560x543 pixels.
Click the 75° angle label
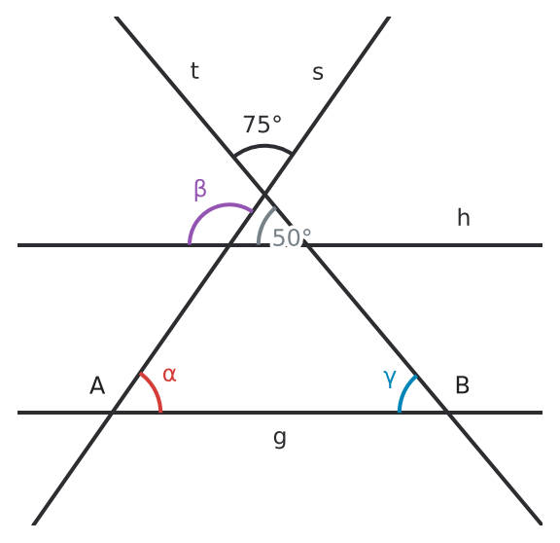262,125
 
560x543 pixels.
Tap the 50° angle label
292,237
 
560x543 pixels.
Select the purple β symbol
200,190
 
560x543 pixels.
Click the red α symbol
169,375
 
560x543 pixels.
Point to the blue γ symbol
390,380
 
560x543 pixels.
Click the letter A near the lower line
97,385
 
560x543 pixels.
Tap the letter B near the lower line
463,385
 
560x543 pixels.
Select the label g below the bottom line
280,438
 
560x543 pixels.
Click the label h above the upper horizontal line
464,217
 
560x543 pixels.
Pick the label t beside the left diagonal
194,70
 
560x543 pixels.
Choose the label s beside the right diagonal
318,73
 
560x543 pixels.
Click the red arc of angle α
155,389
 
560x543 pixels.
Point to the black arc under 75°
263,146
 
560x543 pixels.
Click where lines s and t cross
264,194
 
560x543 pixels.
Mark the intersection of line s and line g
112,413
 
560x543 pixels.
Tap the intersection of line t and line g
448,413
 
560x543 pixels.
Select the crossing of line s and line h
228,245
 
